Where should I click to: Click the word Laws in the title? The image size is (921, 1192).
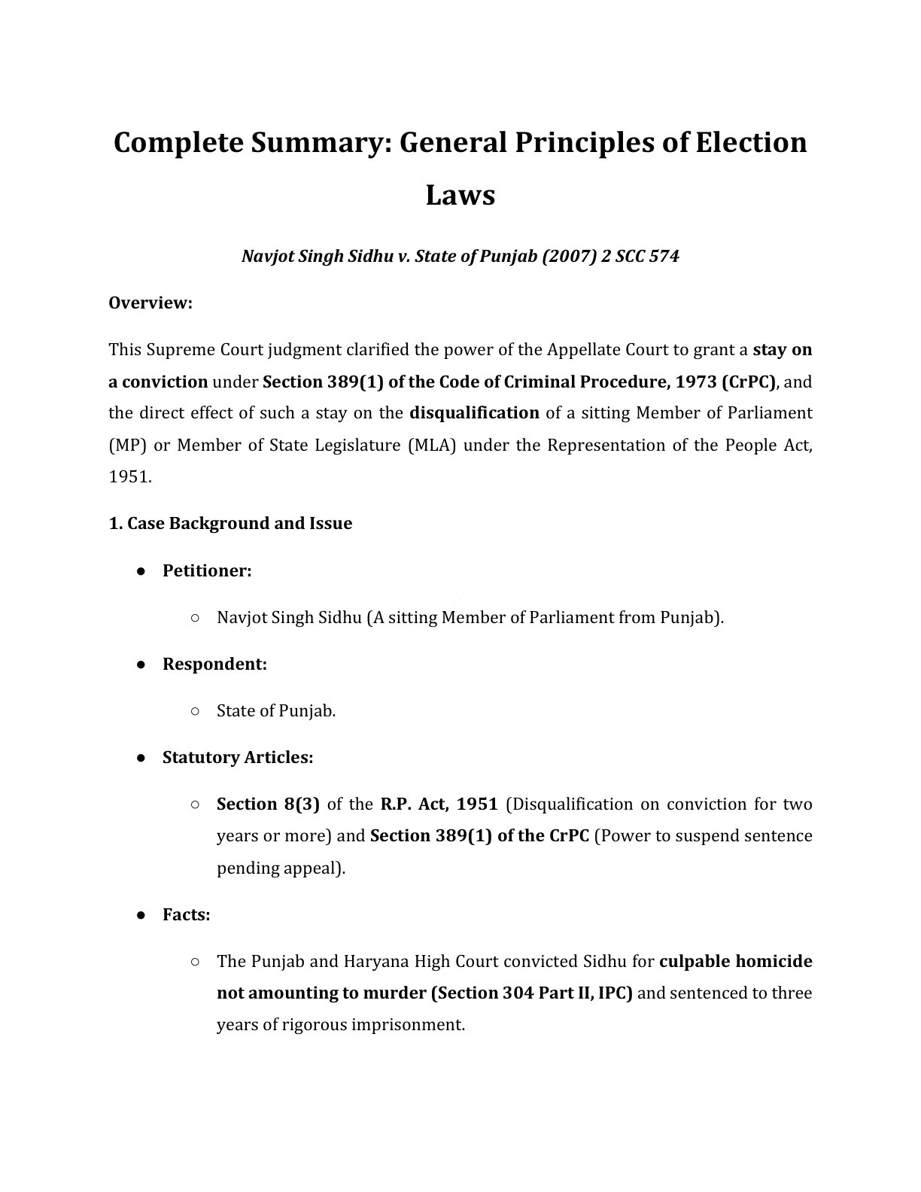click(460, 195)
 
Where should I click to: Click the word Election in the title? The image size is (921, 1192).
click(750, 142)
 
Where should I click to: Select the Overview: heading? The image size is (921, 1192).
click(150, 303)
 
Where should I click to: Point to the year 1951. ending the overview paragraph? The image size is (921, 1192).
click(129, 477)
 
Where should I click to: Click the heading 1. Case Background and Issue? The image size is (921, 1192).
click(230, 524)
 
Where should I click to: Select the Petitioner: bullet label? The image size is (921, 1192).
click(207, 571)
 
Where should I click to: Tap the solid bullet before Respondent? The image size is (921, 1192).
click(141, 664)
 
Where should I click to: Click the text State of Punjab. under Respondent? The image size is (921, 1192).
click(275, 711)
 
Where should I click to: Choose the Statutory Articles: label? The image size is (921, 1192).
click(238, 758)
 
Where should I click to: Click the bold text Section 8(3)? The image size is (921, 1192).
click(268, 804)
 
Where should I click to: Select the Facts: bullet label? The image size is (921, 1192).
click(186, 915)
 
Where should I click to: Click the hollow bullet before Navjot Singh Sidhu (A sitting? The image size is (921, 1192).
click(195, 618)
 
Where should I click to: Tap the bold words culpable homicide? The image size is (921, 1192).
click(735, 962)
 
